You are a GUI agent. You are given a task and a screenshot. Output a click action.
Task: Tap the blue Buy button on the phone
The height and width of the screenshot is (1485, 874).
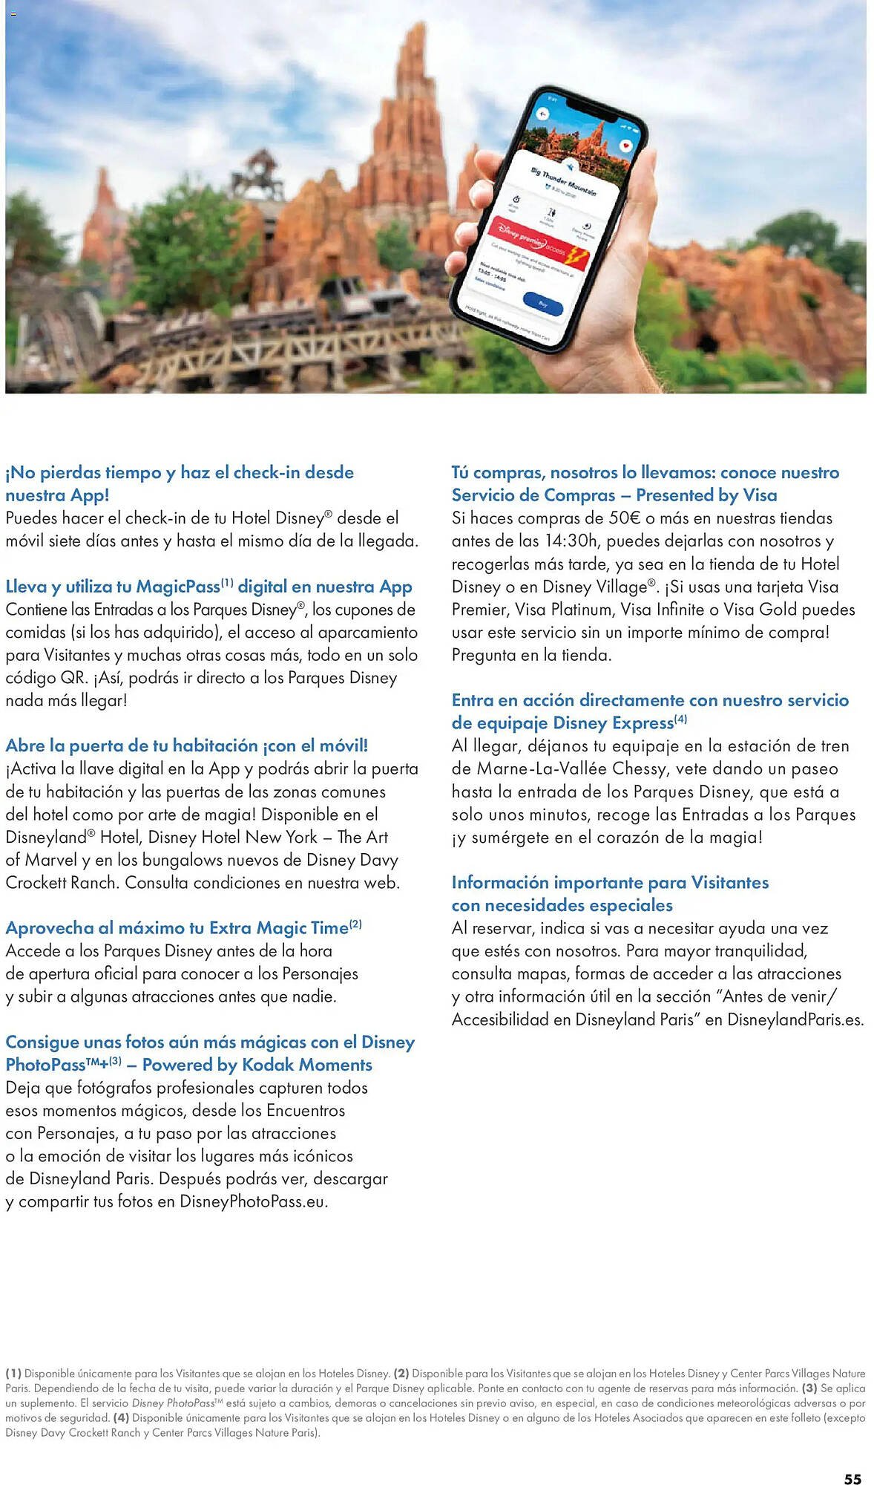coord(542,302)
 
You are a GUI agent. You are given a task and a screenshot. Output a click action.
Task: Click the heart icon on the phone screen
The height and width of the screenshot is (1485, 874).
coord(625,146)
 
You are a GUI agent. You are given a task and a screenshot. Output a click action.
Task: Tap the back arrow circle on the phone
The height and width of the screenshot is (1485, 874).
coord(542,114)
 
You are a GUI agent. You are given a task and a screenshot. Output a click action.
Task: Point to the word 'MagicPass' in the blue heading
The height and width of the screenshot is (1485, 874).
coord(178,587)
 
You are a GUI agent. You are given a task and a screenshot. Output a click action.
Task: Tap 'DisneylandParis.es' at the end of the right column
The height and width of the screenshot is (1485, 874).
coord(795,1019)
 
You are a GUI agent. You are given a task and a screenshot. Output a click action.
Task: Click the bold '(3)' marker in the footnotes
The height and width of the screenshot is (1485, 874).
coord(809,1388)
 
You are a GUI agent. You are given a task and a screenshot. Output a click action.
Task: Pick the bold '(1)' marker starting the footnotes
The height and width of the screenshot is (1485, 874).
coord(13,1374)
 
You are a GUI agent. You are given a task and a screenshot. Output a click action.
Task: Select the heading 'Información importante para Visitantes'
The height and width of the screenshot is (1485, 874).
coord(610,882)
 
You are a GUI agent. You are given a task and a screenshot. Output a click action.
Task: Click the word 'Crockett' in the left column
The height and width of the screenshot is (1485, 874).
coord(34,883)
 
